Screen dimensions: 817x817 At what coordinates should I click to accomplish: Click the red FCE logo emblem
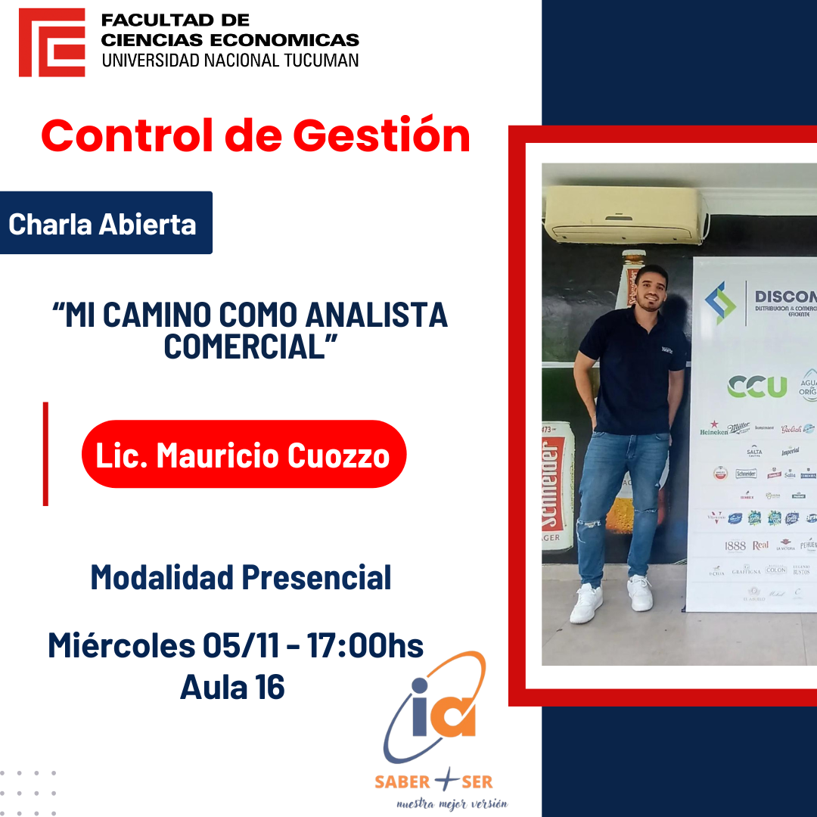tap(51, 42)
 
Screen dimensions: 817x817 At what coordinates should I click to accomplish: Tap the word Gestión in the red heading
tap(381, 136)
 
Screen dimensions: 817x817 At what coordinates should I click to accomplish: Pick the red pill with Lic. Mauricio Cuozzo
tap(243, 455)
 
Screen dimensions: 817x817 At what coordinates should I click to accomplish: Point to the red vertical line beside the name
tap(45, 454)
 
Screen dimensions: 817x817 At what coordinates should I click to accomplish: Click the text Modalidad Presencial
tap(241, 577)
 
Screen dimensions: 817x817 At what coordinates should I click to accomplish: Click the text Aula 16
tap(232, 687)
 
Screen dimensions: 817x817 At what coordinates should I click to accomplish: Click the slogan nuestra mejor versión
tap(452, 803)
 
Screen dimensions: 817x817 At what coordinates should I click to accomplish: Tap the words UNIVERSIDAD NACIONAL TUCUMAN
tap(230, 61)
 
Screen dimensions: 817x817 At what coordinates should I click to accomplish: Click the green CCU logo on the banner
tap(756, 387)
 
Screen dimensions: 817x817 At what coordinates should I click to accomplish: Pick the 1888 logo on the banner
tap(735, 545)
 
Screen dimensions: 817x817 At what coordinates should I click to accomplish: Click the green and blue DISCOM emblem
tap(720, 303)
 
